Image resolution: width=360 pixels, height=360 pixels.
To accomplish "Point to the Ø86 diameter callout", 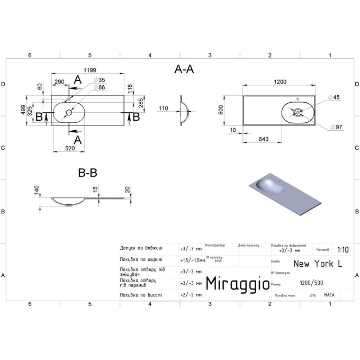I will (99, 87).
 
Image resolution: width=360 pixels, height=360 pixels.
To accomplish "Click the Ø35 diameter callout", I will (99, 79).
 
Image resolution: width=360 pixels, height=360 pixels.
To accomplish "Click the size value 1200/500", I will (312, 283).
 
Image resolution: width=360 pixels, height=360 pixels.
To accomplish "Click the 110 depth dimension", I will (164, 109).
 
